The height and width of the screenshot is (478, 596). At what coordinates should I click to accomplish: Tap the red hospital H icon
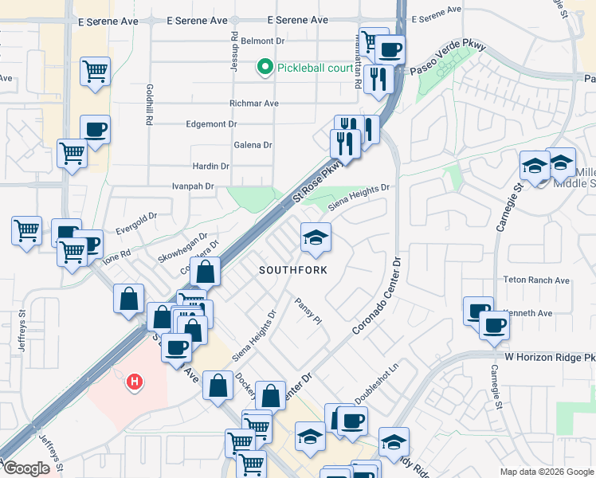click(135, 382)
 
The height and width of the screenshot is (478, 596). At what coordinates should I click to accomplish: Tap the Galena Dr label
click(253, 145)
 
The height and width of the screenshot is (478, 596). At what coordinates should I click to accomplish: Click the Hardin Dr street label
click(211, 167)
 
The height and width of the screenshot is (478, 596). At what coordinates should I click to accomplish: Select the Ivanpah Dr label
click(194, 186)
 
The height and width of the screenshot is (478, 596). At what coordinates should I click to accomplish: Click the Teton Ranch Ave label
click(536, 280)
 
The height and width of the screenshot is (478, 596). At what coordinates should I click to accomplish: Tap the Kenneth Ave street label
click(533, 313)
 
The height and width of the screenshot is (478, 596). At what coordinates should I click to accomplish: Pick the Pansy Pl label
click(307, 312)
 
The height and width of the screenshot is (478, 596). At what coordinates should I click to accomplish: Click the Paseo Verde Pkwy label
click(447, 58)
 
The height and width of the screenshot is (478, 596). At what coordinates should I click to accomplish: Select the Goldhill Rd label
click(149, 104)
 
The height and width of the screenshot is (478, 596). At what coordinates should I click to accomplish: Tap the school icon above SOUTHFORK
click(316, 238)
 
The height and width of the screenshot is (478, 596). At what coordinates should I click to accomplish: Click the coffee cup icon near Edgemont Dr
click(95, 130)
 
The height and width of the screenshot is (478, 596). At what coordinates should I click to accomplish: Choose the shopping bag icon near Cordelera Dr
click(206, 272)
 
